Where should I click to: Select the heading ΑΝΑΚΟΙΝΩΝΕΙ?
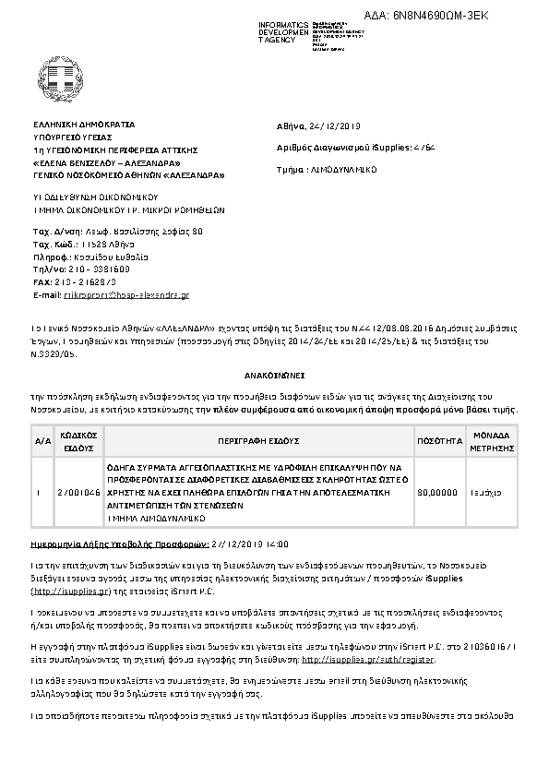(273, 377)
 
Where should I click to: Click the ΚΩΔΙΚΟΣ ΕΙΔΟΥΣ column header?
(79, 441)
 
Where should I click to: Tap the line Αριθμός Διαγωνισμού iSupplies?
(354, 147)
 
